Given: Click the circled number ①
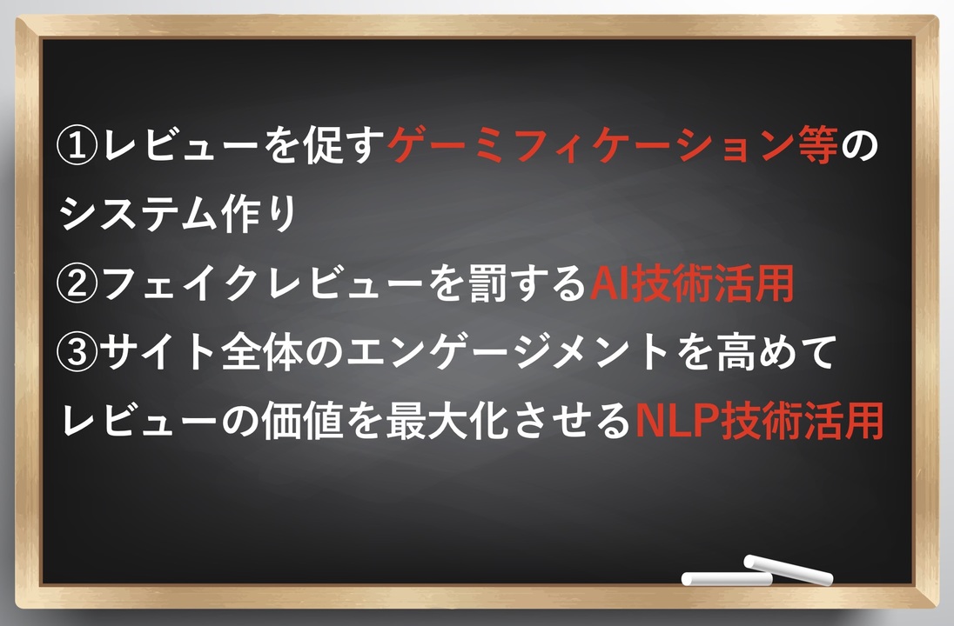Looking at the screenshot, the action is click(x=77, y=146).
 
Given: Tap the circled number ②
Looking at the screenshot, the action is click(x=77, y=283).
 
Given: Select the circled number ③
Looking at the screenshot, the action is click(x=77, y=352).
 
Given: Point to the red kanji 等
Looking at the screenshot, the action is click(x=817, y=146).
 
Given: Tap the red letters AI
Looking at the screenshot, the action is click(x=609, y=283).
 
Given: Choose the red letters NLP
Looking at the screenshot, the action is click(x=676, y=421).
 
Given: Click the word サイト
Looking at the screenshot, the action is click(x=159, y=352).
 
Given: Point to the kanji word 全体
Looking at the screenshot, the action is click(x=262, y=352).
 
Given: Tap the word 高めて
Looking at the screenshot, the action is click(x=776, y=352).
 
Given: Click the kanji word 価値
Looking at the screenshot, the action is click(x=302, y=421).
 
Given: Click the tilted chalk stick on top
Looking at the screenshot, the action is click(x=789, y=569).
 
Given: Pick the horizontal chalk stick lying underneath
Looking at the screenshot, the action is click(x=727, y=578).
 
